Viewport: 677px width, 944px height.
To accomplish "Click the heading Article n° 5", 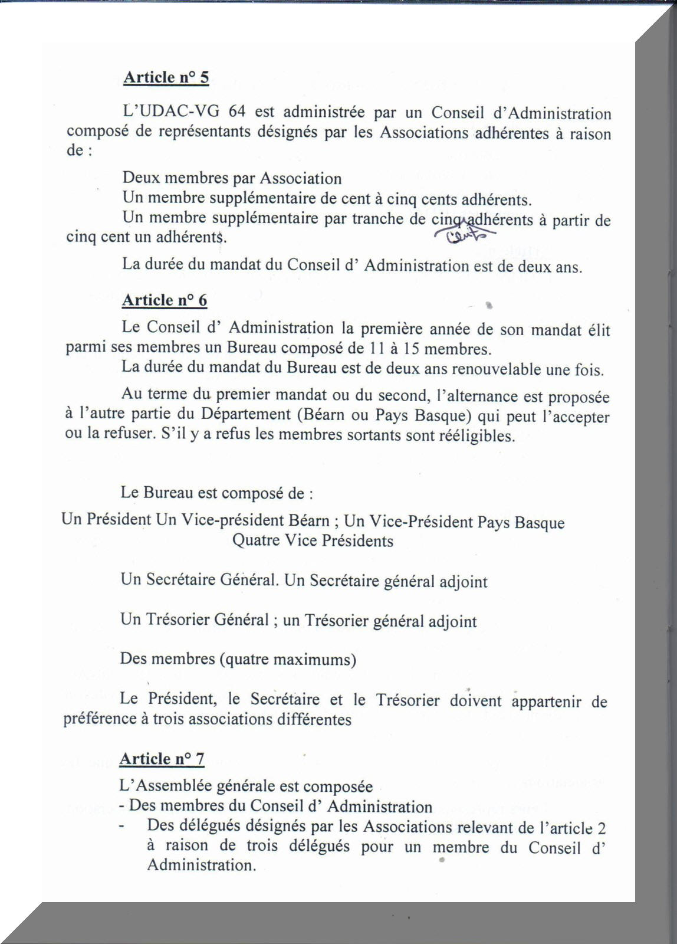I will point(166,78).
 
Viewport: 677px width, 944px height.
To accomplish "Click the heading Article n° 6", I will point(165,300).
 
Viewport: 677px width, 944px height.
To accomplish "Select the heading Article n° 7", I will point(162,759).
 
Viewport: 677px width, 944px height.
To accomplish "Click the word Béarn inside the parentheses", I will point(324,415).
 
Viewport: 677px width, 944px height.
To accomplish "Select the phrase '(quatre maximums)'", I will point(288,659).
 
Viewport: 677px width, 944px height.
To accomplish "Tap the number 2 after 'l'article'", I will point(601,827).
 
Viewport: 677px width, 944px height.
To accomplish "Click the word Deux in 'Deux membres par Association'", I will point(139,178).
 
